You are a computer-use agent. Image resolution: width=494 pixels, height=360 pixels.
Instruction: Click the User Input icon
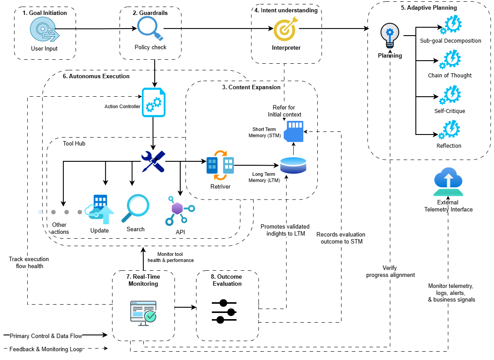coord(44,30)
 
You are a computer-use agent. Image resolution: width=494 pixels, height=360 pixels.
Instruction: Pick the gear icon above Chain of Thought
coord(450,59)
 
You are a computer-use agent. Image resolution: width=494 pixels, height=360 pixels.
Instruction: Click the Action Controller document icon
coord(154,102)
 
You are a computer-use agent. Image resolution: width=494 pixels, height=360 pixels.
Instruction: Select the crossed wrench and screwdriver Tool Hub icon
coord(153,161)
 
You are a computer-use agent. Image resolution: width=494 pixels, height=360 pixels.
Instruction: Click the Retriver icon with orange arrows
coord(220,165)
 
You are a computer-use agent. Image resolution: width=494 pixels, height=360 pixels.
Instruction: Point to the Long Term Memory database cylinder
coord(293,165)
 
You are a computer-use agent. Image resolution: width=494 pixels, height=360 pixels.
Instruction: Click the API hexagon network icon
coord(178,210)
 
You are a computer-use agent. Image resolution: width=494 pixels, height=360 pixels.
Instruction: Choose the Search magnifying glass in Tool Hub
coord(137,208)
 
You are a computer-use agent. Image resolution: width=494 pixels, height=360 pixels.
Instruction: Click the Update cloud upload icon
coord(101,209)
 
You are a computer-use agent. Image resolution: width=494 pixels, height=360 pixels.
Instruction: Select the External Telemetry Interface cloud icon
coord(448,182)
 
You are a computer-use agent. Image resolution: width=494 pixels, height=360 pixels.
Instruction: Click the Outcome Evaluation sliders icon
coord(224,312)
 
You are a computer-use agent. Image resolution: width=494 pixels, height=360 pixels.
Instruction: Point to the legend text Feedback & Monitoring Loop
coord(46,349)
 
